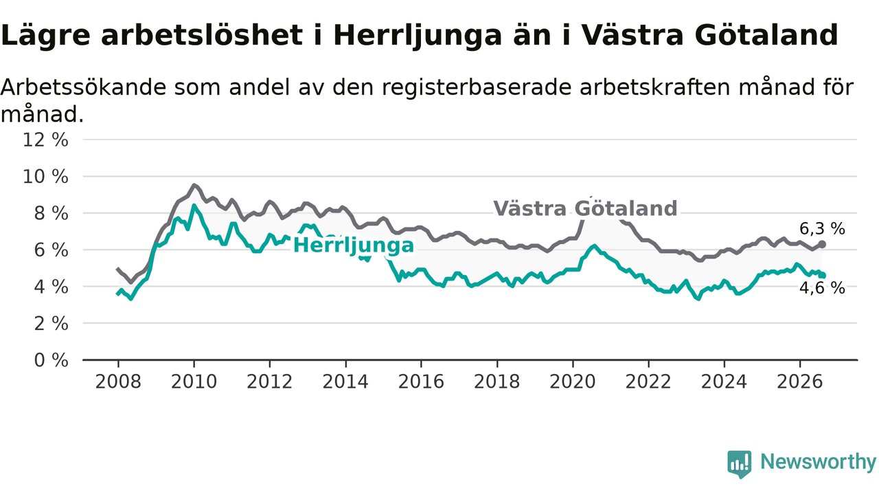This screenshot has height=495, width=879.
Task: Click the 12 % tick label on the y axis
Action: coord(45,140)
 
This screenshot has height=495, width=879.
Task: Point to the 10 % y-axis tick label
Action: coord(45,177)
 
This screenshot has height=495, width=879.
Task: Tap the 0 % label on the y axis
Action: coord(51,360)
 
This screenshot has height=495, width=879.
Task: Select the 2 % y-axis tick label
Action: coord(51,324)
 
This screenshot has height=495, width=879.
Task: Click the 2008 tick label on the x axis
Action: coord(118,382)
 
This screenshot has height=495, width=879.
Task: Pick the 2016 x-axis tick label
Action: coord(421,382)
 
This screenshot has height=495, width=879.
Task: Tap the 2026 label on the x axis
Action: coord(800,382)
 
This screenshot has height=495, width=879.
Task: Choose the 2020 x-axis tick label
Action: coord(573,382)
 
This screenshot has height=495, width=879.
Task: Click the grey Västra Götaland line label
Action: coord(585,208)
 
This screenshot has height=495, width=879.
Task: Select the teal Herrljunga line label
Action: coord(354,245)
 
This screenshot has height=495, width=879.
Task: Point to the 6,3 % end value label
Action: coord(822,229)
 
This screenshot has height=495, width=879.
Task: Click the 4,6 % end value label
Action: coord(822,288)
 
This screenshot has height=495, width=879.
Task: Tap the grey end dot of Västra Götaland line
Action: coord(822,244)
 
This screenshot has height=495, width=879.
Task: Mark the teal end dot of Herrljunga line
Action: coord(823,276)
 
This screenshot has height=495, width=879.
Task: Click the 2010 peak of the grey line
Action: coord(194,185)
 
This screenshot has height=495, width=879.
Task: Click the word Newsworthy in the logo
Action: coord(818,461)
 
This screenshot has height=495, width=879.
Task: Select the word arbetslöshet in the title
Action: coord(202,35)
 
